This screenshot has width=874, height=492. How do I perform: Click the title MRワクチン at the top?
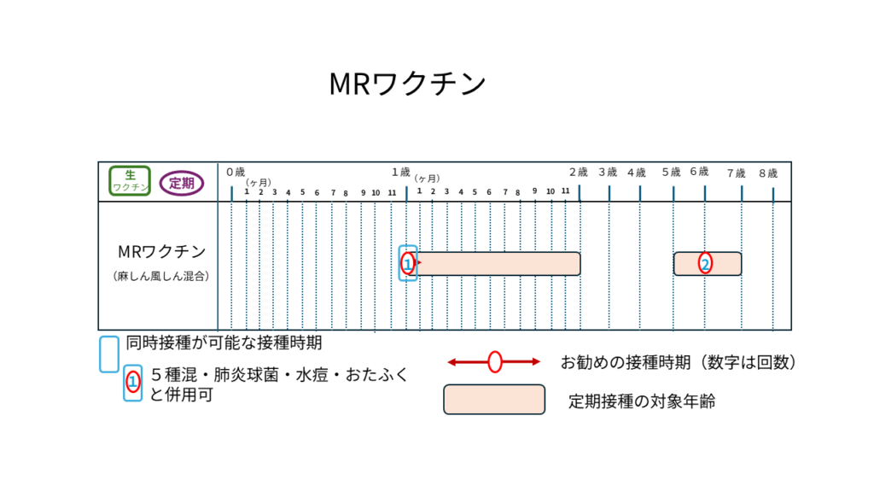pyautogui.click(x=407, y=84)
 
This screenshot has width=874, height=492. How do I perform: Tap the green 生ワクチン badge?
pyautogui.click(x=130, y=181)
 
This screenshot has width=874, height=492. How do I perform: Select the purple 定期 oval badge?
pyautogui.click(x=182, y=183)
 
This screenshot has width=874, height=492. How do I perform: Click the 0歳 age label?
pyautogui.click(x=236, y=172)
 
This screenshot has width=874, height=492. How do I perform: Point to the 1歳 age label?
pyautogui.click(x=401, y=172)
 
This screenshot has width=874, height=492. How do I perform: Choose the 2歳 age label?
pyautogui.click(x=579, y=172)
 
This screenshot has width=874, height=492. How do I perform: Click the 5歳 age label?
pyautogui.click(x=671, y=172)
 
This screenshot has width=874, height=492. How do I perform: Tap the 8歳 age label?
pyautogui.click(x=768, y=173)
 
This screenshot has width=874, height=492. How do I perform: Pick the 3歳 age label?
pyautogui.click(x=608, y=172)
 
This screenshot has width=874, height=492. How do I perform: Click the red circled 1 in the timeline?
pyautogui.click(x=408, y=263)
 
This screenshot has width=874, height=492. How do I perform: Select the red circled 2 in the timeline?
pyautogui.click(x=705, y=263)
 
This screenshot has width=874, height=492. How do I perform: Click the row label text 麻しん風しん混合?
pyautogui.click(x=161, y=276)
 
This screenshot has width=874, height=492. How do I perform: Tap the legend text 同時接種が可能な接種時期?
pyautogui.click(x=224, y=343)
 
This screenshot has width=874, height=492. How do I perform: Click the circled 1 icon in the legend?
pyautogui.click(x=132, y=383)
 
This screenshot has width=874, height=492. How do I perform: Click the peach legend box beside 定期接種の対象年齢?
pyautogui.click(x=494, y=400)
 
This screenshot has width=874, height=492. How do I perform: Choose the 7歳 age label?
pyautogui.click(x=737, y=173)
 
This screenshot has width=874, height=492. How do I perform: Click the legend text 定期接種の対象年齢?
pyautogui.click(x=642, y=401)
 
